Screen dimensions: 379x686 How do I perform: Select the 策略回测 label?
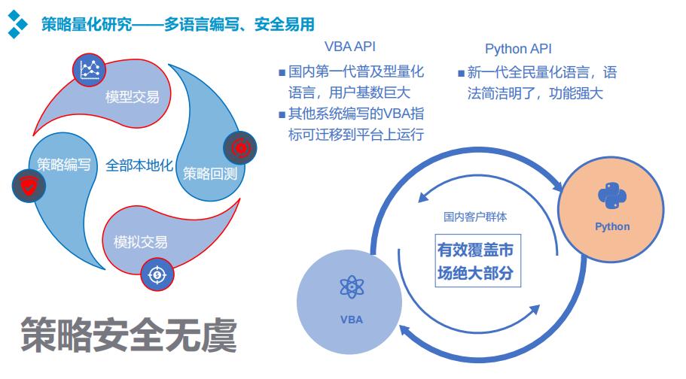pos(210,174)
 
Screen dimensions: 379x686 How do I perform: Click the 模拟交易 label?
pos(140,242)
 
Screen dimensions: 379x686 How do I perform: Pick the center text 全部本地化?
pos(139,165)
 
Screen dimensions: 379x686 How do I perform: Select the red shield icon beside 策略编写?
pos(27,184)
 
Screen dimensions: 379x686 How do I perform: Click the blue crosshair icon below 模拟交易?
pos(157,274)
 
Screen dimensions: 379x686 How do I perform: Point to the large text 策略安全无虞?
pos(128,335)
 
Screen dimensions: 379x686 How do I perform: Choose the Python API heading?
pos(518,49)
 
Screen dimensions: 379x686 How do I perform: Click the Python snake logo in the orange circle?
pos(612,196)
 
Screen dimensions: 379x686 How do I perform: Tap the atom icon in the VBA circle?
pos(351,288)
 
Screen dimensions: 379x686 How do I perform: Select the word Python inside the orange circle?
pos(612,226)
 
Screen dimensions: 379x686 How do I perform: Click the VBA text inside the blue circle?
pos(351,320)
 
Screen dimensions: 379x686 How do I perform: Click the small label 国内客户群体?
pos(475,217)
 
